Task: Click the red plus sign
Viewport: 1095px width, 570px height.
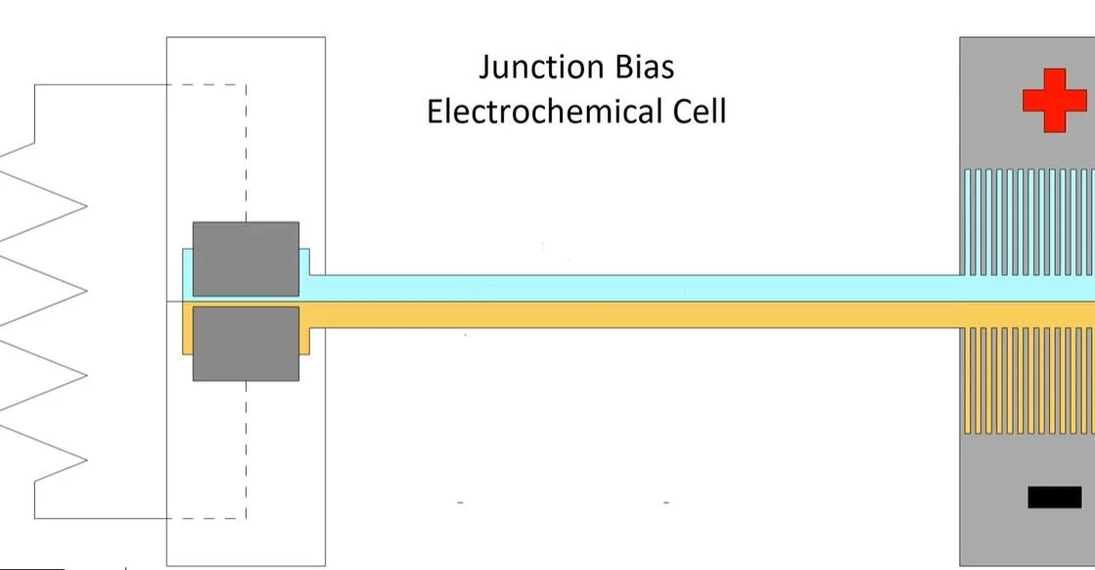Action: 1054,99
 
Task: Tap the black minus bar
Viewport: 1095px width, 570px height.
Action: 1054,498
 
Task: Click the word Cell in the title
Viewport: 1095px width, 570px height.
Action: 696,111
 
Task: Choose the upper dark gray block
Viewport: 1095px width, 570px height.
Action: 246,259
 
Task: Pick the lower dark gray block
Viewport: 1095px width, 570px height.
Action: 246,344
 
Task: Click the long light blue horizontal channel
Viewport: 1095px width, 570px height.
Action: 636,288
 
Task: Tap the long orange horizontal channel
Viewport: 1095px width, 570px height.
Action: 636,314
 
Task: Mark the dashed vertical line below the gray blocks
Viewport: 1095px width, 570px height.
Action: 246,451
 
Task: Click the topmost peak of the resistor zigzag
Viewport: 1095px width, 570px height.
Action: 86,206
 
